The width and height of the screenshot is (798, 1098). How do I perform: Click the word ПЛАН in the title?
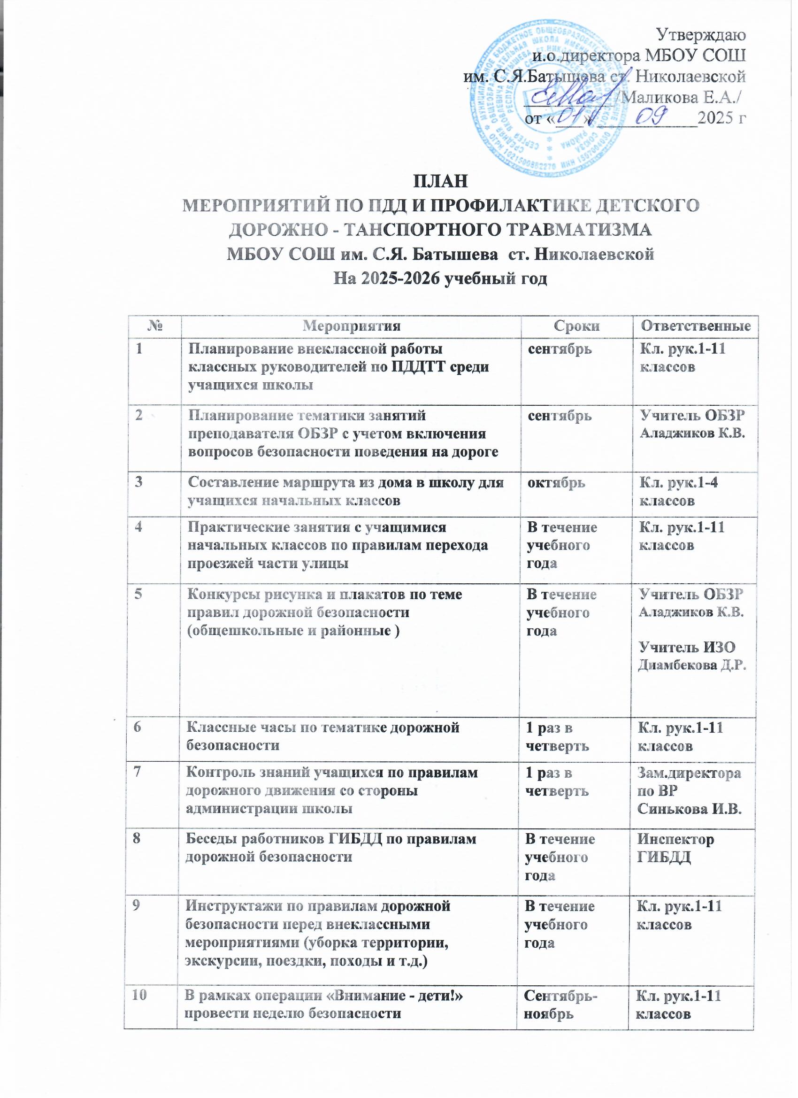click(x=440, y=183)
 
